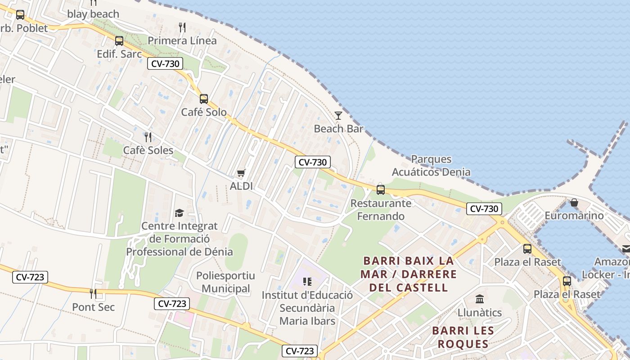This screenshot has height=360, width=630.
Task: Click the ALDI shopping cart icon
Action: click(x=241, y=173)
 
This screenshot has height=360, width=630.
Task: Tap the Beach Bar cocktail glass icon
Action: click(x=338, y=116)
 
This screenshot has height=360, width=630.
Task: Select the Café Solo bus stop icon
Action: click(x=204, y=99)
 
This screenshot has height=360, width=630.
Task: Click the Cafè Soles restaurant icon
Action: click(x=148, y=137)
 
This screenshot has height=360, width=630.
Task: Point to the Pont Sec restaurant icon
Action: click(x=93, y=294)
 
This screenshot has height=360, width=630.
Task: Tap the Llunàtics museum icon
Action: click(x=480, y=299)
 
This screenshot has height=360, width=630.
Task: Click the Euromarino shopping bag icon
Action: click(x=574, y=202)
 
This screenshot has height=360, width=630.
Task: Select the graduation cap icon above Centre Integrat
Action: click(x=180, y=213)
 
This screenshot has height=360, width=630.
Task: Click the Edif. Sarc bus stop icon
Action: click(x=119, y=41)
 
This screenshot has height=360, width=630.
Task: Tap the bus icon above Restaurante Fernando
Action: click(x=381, y=189)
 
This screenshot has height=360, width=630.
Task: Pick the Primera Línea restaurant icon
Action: click(x=182, y=27)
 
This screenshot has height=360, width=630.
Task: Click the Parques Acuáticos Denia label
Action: click(x=431, y=166)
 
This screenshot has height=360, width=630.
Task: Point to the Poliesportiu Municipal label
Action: click(x=225, y=282)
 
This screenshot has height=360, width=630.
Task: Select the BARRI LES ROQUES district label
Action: click(x=463, y=337)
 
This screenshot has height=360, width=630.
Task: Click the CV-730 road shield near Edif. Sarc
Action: click(x=165, y=64)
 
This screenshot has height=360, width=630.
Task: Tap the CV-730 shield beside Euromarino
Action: click(x=484, y=209)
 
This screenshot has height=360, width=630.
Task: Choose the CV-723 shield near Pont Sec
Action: click(x=31, y=277)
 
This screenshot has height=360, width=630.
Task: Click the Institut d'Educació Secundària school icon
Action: click(x=307, y=282)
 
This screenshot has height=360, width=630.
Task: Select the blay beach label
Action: click(x=93, y=14)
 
